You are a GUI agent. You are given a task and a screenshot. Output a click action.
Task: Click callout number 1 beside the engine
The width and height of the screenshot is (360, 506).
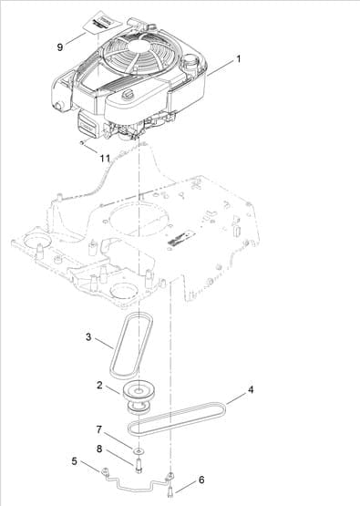click(x=239, y=58)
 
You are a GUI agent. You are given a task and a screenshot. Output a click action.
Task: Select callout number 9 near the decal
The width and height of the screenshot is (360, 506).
click(x=61, y=45)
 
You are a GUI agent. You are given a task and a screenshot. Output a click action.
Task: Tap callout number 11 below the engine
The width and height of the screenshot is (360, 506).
click(x=105, y=158)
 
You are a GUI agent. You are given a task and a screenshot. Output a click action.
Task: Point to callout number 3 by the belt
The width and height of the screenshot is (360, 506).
click(x=88, y=338)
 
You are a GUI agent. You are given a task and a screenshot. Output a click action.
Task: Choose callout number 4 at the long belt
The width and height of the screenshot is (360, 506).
click(x=252, y=389)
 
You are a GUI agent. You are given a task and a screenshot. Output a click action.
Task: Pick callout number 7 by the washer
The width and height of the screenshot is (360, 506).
click(x=99, y=429)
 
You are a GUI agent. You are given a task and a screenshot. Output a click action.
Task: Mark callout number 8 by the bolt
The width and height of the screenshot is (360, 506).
click(x=99, y=448)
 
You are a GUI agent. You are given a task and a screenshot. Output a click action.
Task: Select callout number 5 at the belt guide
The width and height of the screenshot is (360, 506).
click(x=74, y=462)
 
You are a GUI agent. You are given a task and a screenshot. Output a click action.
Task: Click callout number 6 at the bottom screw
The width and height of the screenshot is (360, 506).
click(x=201, y=479)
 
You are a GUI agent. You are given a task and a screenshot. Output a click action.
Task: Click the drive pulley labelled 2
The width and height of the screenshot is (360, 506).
click(x=139, y=398)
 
